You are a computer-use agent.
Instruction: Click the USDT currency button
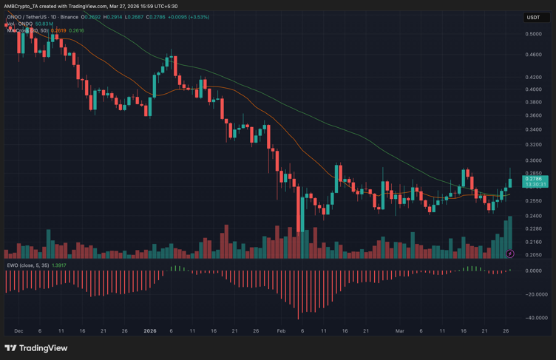point(534,17)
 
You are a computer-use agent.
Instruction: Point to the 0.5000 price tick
point(533,34)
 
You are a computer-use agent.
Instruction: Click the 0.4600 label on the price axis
point(533,55)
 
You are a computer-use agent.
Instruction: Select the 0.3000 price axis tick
point(533,160)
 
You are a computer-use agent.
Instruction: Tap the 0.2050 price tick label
point(533,255)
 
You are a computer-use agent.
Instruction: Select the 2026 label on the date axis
point(151,331)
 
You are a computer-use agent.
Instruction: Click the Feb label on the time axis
point(281,331)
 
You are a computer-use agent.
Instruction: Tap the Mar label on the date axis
point(400,331)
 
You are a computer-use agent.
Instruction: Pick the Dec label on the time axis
point(18,331)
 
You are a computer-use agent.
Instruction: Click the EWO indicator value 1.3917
point(58,265)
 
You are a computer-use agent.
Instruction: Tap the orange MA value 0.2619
point(58,31)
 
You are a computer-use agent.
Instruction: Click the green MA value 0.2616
point(76,31)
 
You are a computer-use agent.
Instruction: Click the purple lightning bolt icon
point(510,254)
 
